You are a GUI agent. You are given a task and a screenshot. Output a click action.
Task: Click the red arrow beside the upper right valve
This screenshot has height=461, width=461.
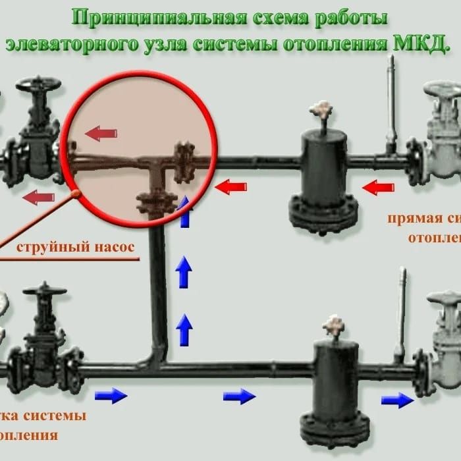coord(380,187)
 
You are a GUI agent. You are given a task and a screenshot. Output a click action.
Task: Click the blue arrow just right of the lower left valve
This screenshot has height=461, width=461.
coord(111,395)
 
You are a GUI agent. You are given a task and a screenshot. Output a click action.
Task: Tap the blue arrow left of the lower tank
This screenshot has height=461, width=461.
coord(238,396)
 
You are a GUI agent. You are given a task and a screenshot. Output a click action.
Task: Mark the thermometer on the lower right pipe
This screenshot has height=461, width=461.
coord(400,316)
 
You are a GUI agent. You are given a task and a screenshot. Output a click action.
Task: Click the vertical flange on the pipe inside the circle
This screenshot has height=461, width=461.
coord(182,161)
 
